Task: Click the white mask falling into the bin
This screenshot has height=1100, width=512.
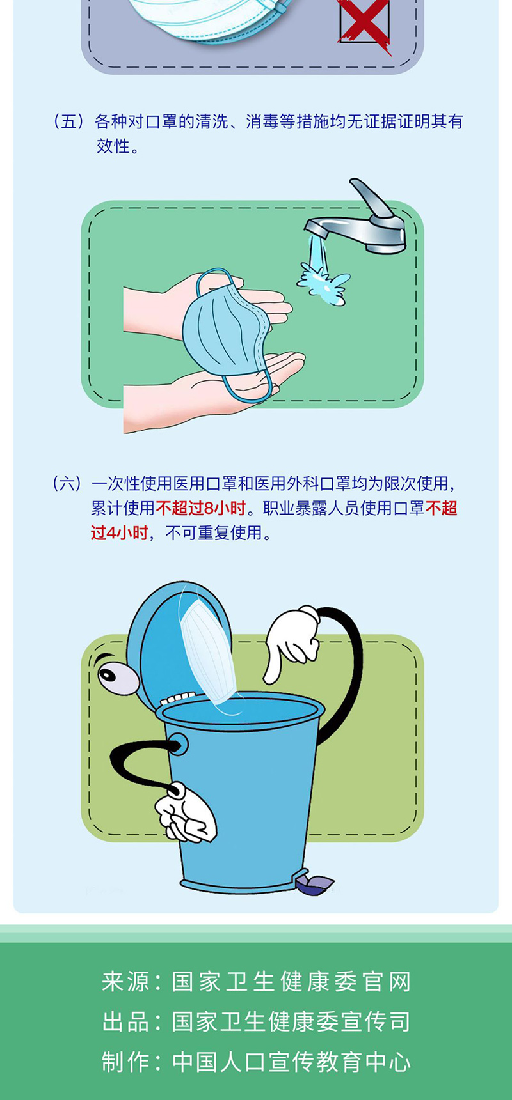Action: click(x=208, y=652)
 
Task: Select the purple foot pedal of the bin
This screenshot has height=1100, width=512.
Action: click(x=314, y=884)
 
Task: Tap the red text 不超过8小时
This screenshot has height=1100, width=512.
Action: click(x=201, y=508)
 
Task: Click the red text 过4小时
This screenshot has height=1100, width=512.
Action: click(x=120, y=532)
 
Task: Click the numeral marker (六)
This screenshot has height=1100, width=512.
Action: click(x=67, y=484)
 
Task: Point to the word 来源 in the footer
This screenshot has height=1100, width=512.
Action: click(x=125, y=982)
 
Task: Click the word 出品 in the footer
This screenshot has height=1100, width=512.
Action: click(x=125, y=1022)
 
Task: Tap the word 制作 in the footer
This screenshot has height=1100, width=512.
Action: click(x=125, y=1062)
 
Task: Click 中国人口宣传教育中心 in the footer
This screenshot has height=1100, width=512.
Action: click(x=291, y=1062)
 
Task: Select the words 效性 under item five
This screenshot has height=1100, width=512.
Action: click(x=113, y=146)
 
